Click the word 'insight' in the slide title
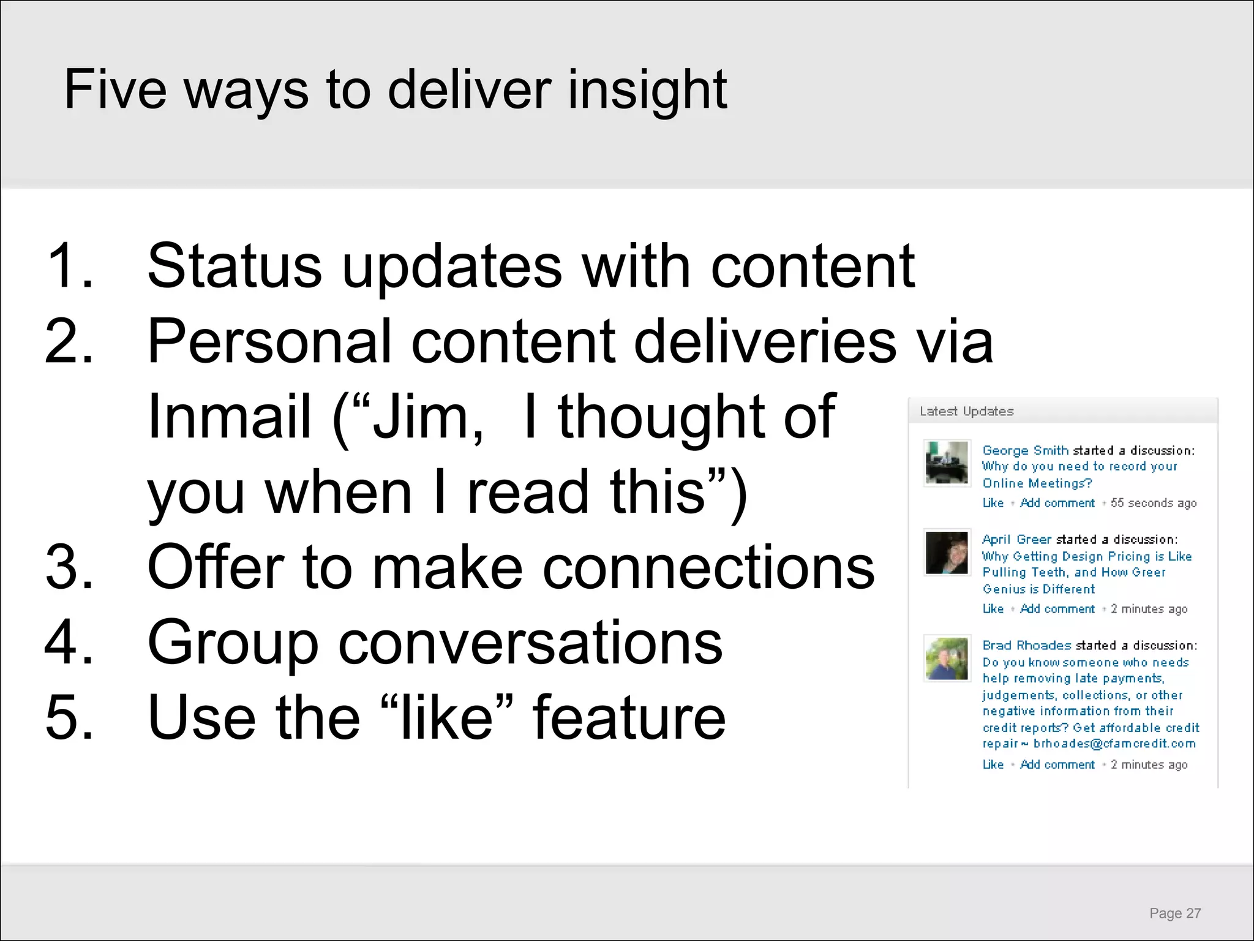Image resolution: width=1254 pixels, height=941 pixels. (x=647, y=90)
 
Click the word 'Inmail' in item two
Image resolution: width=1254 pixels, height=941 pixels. (x=230, y=417)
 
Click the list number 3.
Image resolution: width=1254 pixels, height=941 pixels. (x=69, y=567)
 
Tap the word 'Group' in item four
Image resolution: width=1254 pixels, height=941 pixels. (x=233, y=643)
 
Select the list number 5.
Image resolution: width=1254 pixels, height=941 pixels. (x=69, y=717)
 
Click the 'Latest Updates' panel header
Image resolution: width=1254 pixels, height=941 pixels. (x=967, y=411)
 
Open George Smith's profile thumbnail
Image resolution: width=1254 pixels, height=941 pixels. (x=947, y=463)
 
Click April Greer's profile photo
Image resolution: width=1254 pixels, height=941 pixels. (x=947, y=553)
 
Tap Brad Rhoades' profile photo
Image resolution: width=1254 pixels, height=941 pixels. (x=947, y=659)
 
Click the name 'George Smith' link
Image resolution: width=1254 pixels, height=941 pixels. (x=1025, y=450)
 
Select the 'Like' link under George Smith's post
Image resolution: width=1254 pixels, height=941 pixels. (x=993, y=503)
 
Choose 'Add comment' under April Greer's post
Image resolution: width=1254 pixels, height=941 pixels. (x=1057, y=609)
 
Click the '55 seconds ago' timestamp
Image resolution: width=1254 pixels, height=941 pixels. (x=1154, y=503)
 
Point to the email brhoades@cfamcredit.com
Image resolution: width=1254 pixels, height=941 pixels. (x=1114, y=744)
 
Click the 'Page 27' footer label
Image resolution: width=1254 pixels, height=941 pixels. (x=1175, y=913)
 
